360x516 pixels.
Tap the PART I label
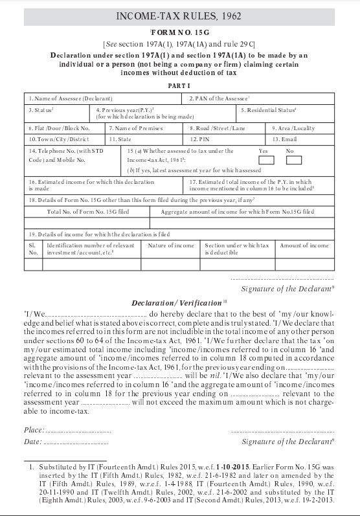click(x=180, y=85)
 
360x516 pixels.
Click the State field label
click(x=120, y=139)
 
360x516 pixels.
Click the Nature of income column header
click(x=171, y=246)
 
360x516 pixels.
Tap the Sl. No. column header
click(x=34, y=249)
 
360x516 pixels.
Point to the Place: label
click(x=34, y=431)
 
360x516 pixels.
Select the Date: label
click(x=33, y=442)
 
